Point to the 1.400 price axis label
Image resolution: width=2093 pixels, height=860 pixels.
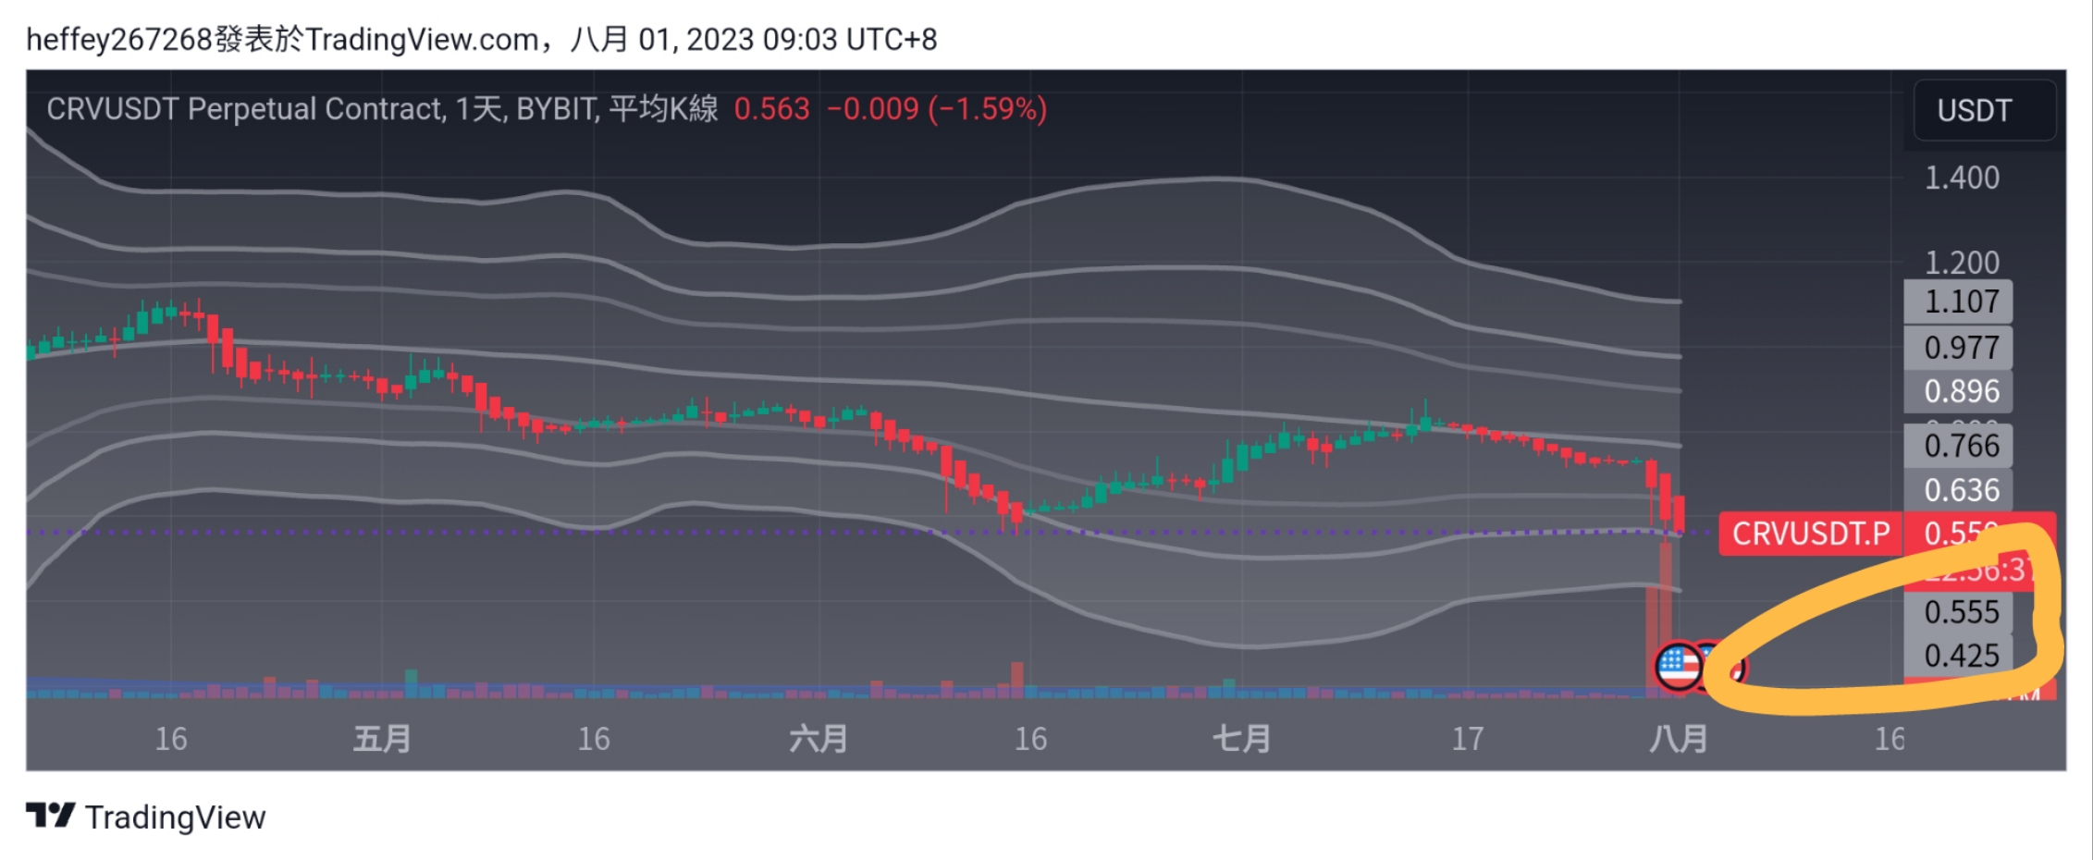1961,178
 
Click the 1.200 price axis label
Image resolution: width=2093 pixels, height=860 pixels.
1961,263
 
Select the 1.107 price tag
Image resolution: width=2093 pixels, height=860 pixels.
1961,301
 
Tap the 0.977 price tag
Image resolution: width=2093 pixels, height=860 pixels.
1961,348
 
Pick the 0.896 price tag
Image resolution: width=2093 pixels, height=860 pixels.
1961,391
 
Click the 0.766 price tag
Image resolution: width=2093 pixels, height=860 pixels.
1961,446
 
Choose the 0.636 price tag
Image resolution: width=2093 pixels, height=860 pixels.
1961,490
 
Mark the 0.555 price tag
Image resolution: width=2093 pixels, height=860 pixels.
1961,612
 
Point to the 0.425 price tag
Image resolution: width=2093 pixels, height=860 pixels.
1961,656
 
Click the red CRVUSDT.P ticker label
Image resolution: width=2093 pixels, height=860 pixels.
1810,534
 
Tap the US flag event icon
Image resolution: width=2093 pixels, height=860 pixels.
1678,666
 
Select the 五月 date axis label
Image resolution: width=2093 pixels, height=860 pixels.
381,739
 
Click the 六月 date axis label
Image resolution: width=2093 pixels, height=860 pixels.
818,739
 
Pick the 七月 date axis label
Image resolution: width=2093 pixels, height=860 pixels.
1240,739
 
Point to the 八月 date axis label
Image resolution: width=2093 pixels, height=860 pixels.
1678,739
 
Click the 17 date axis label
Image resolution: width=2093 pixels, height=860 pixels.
1467,739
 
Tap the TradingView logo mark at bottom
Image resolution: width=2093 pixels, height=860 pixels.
50,816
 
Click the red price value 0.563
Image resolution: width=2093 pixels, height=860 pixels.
771,109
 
